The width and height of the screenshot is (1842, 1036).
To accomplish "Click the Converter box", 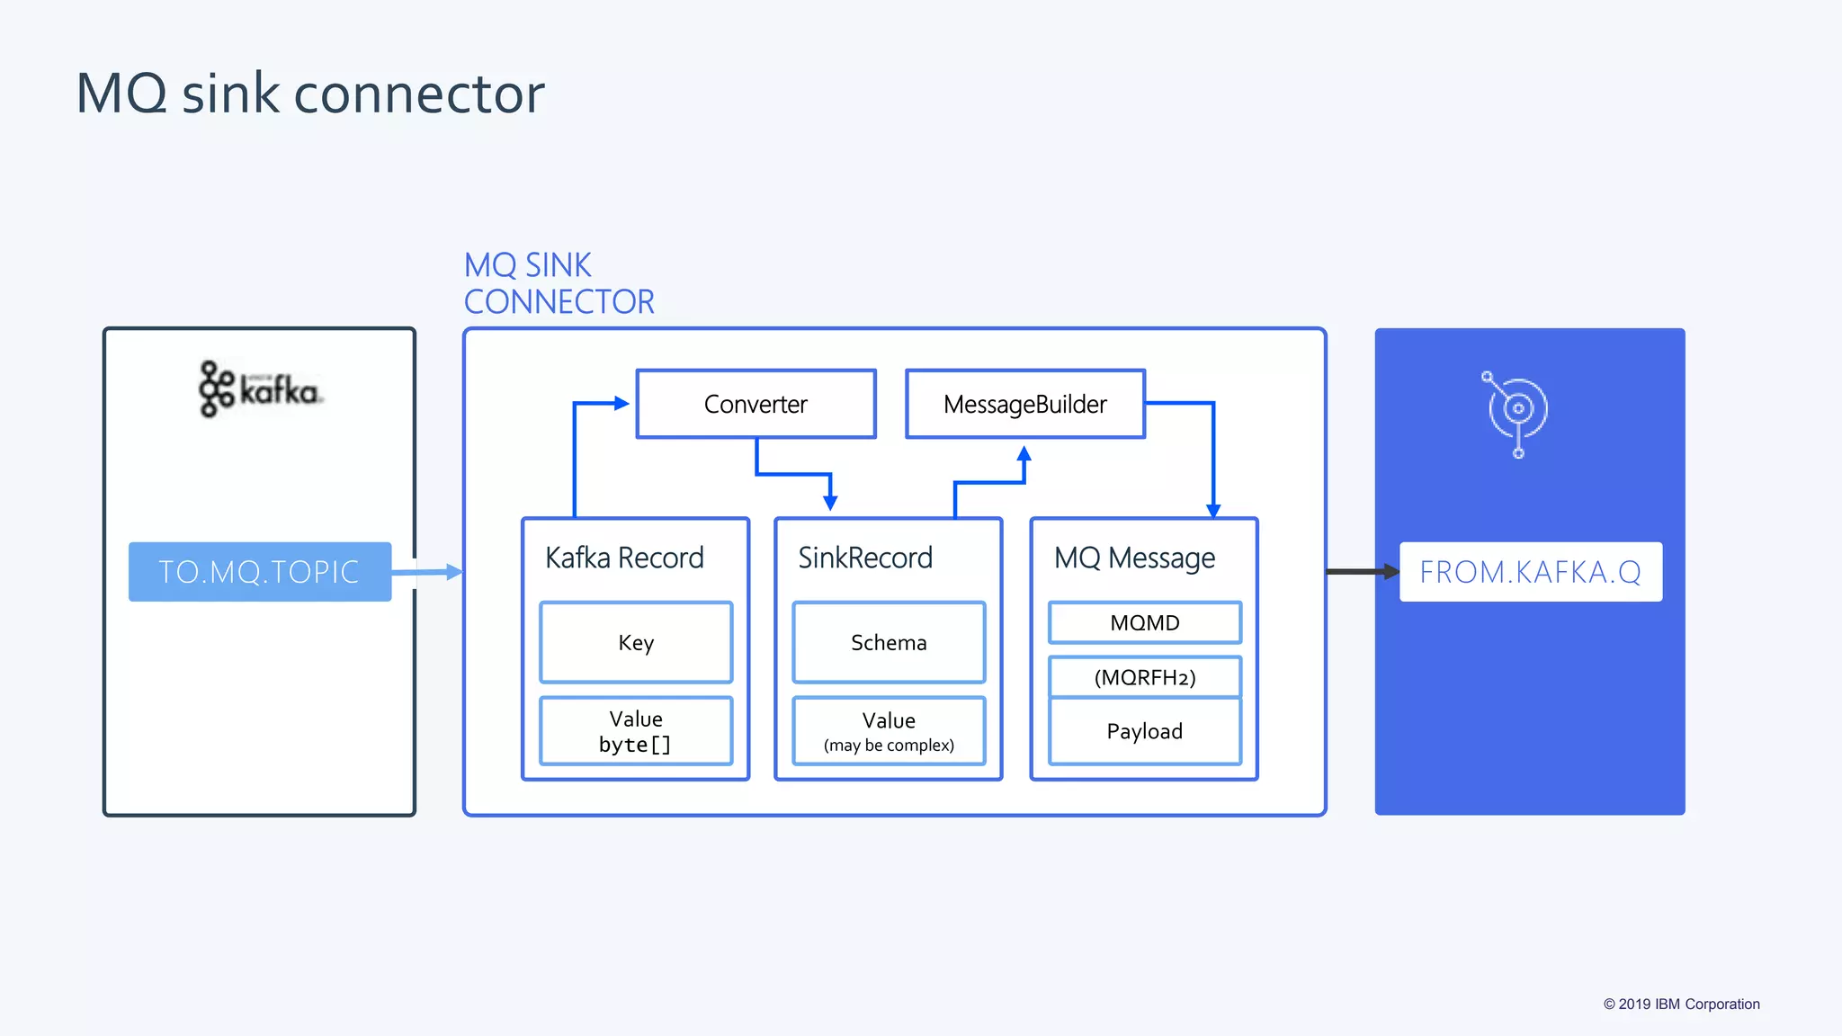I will [756, 404].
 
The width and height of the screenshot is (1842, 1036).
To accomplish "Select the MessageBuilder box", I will [1024, 404].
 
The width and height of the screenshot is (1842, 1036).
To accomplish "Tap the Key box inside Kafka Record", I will [636, 642].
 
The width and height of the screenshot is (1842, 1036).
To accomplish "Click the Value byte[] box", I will [636, 731].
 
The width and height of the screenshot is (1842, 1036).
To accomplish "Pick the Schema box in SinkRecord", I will [889, 642].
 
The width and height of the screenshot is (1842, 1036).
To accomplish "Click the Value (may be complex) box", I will [889, 731].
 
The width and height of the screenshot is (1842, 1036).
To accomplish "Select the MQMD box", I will [1144, 622].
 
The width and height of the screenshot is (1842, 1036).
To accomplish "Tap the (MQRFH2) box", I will [1144, 677].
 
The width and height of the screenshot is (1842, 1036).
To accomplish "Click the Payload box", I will [1144, 731].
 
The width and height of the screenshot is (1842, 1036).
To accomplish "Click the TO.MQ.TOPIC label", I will [259, 572].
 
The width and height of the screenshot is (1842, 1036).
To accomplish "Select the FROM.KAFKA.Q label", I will [1530, 572].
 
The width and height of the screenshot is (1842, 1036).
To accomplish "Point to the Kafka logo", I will [260, 389].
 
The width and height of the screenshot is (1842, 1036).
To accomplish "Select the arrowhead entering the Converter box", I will [621, 404].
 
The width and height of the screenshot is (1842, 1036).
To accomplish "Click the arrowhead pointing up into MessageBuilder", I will [1024, 453].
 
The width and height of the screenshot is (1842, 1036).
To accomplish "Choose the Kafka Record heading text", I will [624, 558].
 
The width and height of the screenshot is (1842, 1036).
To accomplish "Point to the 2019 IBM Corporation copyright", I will [1681, 1004].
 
